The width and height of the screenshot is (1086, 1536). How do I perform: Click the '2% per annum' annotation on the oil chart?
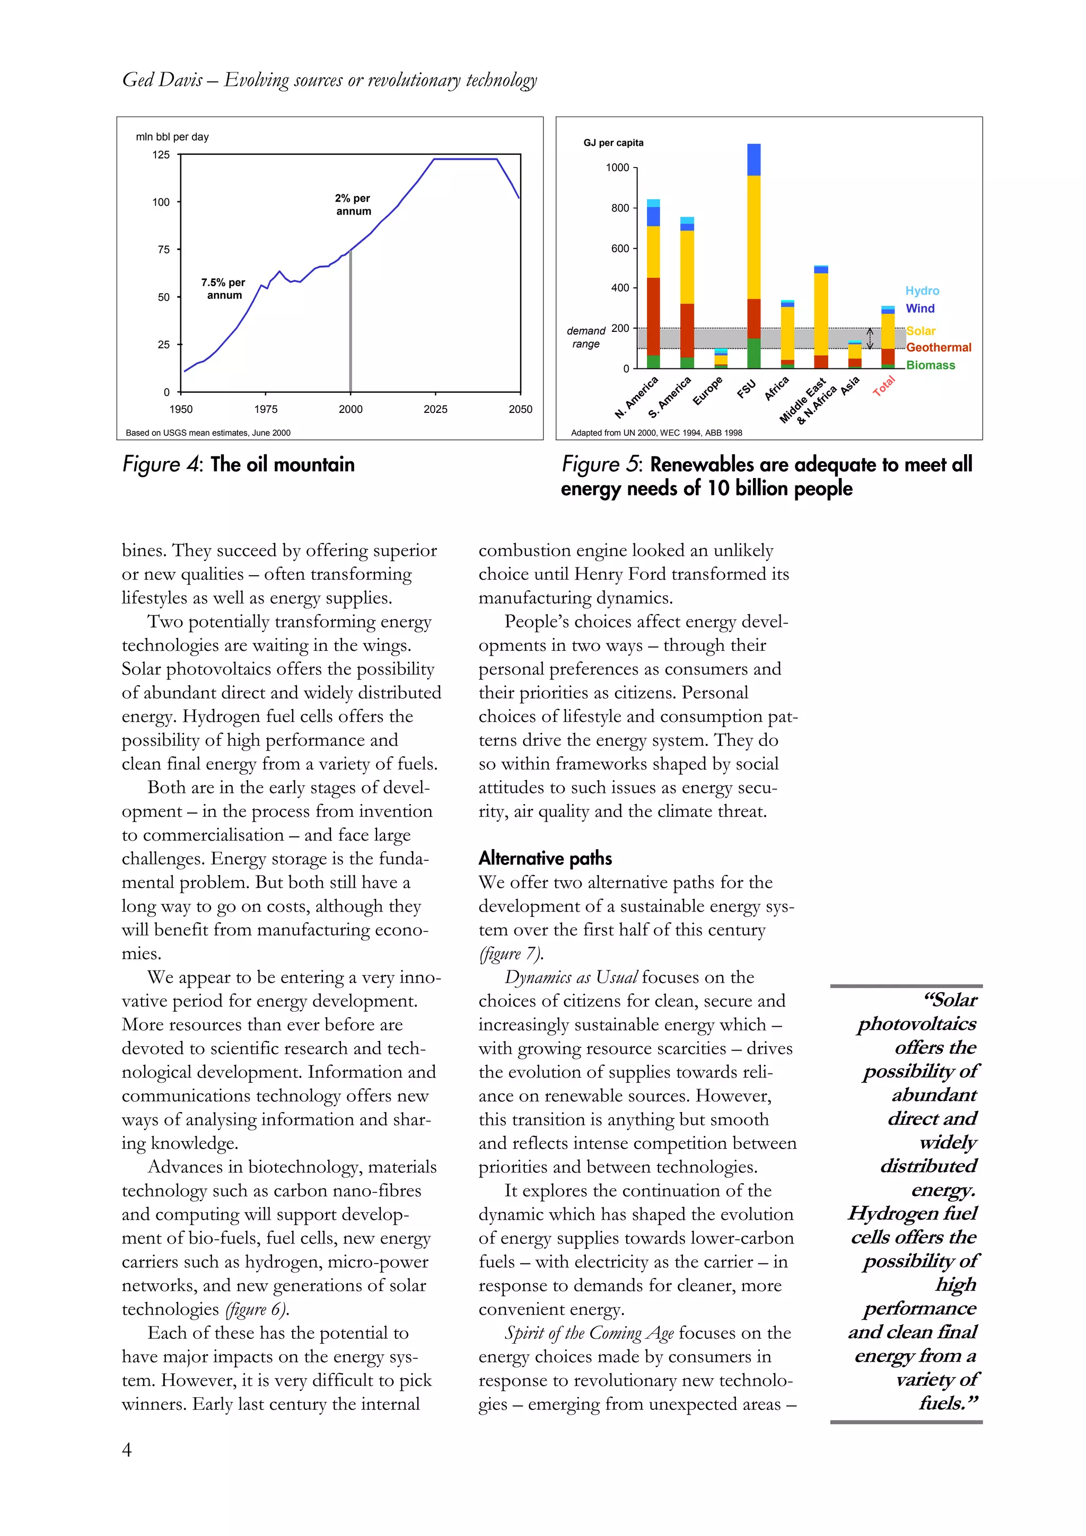tap(353, 205)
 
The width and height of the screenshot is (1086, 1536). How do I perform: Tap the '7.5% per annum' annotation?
tap(223, 288)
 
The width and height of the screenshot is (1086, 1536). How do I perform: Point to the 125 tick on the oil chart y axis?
tap(161, 155)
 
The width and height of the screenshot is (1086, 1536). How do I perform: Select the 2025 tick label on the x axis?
tap(435, 409)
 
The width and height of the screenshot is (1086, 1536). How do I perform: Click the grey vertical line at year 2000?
tap(351, 321)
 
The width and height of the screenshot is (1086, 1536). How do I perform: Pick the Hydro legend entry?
tap(922, 291)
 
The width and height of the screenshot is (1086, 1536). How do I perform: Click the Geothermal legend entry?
tap(938, 347)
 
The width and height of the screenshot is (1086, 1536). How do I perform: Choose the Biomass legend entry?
tap(930, 365)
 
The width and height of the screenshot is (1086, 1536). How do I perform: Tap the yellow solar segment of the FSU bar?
tap(754, 237)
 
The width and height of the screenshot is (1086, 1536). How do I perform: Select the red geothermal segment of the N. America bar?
tap(653, 316)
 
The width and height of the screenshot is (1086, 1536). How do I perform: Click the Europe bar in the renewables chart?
tap(721, 359)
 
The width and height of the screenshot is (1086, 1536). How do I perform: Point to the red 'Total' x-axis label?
tap(884, 386)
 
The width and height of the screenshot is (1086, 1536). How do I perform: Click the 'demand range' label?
tap(585, 337)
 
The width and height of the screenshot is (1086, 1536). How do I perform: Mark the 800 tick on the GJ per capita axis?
tap(619, 208)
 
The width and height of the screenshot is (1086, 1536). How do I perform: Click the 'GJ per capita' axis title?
tap(613, 143)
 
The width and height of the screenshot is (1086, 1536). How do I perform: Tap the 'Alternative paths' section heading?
tap(545, 858)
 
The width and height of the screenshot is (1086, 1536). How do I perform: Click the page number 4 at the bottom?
tap(126, 1449)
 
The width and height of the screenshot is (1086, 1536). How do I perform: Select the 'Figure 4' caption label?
tap(161, 464)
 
